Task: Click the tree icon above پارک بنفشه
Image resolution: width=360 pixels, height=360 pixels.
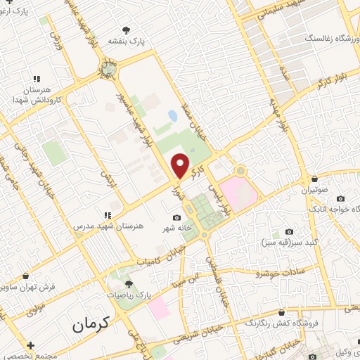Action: (126, 30)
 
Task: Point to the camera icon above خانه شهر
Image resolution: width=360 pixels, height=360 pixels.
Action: (176, 218)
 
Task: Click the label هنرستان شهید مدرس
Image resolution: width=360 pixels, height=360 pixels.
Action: (108, 226)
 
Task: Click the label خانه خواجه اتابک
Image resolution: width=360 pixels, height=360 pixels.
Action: (332, 209)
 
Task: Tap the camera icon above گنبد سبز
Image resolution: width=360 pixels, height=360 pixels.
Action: (289, 232)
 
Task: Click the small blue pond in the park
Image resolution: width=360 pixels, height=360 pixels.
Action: (172, 115)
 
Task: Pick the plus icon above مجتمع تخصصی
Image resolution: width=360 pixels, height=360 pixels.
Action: (30, 345)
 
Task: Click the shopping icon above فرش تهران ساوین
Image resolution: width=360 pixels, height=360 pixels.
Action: (27, 277)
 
